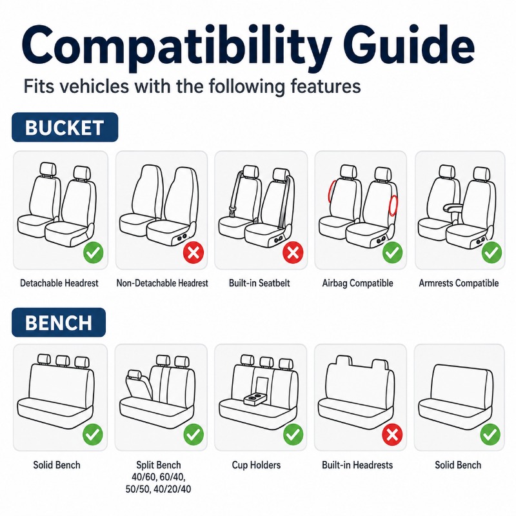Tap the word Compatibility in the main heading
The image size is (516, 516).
click(x=176, y=48)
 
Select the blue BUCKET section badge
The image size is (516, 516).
click(x=65, y=127)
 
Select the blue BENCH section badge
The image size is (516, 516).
click(x=59, y=322)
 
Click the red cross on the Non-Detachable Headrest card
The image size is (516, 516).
click(x=193, y=252)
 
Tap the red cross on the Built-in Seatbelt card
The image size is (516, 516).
click(x=293, y=252)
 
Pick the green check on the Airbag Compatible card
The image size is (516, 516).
click(x=392, y=252)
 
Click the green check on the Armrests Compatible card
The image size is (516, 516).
click(x=491, y=252)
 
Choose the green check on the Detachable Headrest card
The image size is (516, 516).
click(x=94, y=252)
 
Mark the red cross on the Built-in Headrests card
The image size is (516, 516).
click(x=392, y=434)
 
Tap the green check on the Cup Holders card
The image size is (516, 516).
click(x=293, y=434)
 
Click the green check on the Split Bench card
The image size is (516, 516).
click(x=193, y=434)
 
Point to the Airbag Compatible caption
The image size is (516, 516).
click(x=358, y=283)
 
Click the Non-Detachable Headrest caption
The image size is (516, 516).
click(x=163, y=283)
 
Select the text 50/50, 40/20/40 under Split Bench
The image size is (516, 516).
click(x=158, y=489)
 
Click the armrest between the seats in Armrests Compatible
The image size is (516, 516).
click(x=453, y=207)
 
